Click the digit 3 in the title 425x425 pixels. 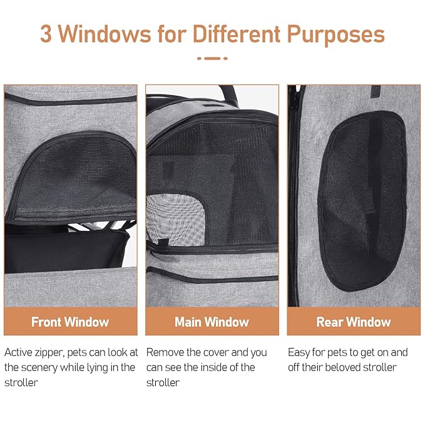click(x=46, y=34)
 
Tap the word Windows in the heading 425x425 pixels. click(x=105, y=34)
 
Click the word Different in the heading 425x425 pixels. click(x=236, y=34)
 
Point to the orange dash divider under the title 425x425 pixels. click(x=212, y=58)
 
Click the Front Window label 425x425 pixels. click(x=70, y=322)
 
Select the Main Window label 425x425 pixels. click(x=212, y=322)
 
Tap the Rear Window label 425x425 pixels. click(x=354, y=322)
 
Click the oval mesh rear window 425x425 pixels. click(x=362, y=200)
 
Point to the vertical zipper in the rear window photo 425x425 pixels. click(x=294, y=196)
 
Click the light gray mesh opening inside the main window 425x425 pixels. click(x=175, y=220)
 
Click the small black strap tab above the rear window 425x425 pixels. click(x=376, y=91)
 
